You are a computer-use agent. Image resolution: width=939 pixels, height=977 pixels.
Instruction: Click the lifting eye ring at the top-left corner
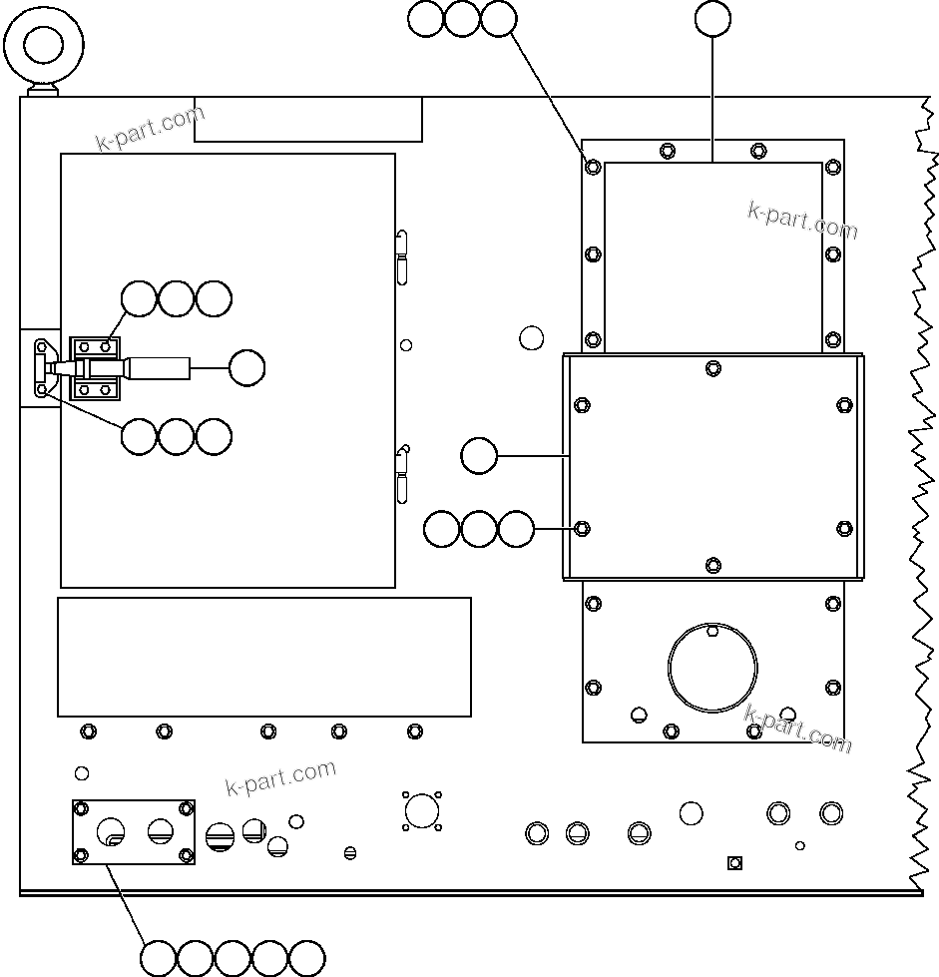click(44, 44)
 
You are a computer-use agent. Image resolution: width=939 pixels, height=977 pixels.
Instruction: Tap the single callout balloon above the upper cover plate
click(712, 18)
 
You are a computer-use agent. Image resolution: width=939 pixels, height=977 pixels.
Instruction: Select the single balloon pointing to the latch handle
click(246, 368)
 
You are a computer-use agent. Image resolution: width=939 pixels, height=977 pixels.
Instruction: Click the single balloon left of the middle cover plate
click(479, 456)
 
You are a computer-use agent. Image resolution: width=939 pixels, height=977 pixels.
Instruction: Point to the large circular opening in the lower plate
click(712, 667)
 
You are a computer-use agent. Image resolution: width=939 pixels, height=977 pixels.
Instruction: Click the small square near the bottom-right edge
click(734, 862)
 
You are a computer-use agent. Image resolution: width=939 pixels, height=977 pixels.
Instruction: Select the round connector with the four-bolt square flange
click(422, 810)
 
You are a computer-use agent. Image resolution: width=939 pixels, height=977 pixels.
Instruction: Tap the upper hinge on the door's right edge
click(402, 256)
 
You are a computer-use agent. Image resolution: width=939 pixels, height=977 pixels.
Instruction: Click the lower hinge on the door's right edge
click(402, 474)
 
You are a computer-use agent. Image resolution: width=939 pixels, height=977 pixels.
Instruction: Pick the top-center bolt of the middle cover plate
click(712, 368)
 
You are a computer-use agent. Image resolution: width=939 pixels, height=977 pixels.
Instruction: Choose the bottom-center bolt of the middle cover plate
click(712, 566)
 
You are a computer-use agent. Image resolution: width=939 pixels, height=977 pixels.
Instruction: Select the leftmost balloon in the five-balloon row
click(158, 958)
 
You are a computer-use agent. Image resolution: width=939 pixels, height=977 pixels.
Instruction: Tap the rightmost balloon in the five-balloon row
click(307, 958)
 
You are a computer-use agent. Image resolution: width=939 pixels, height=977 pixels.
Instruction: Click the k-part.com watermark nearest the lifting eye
click(150, 129)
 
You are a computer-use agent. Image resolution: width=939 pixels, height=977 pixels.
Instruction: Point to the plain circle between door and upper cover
click(532, 337)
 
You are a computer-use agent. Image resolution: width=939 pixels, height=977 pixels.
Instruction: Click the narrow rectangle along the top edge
click(308, 120)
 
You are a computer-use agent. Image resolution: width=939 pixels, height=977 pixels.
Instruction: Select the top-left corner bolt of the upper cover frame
click(593, 167)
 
